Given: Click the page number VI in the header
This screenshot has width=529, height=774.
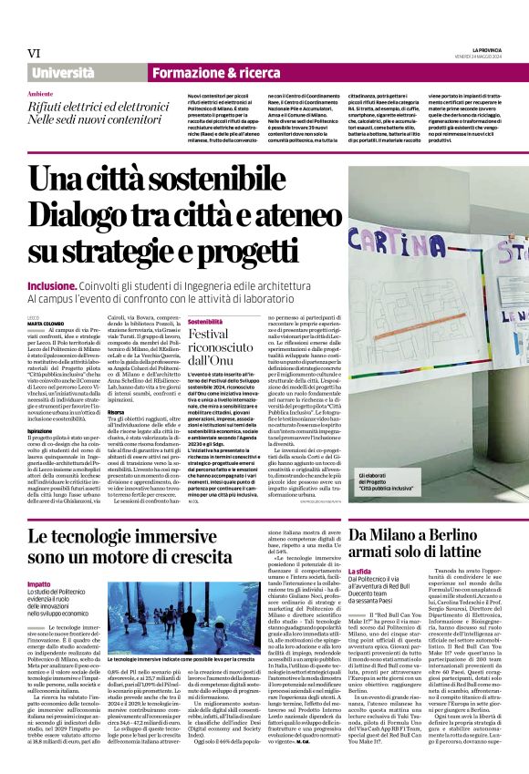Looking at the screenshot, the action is click(33, 54).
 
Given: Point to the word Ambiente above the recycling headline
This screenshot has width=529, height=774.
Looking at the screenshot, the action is click(40, 94).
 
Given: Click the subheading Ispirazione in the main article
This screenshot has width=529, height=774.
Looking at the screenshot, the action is click(39, 406).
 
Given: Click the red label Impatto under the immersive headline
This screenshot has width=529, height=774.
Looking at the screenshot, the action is click(39, 583).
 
